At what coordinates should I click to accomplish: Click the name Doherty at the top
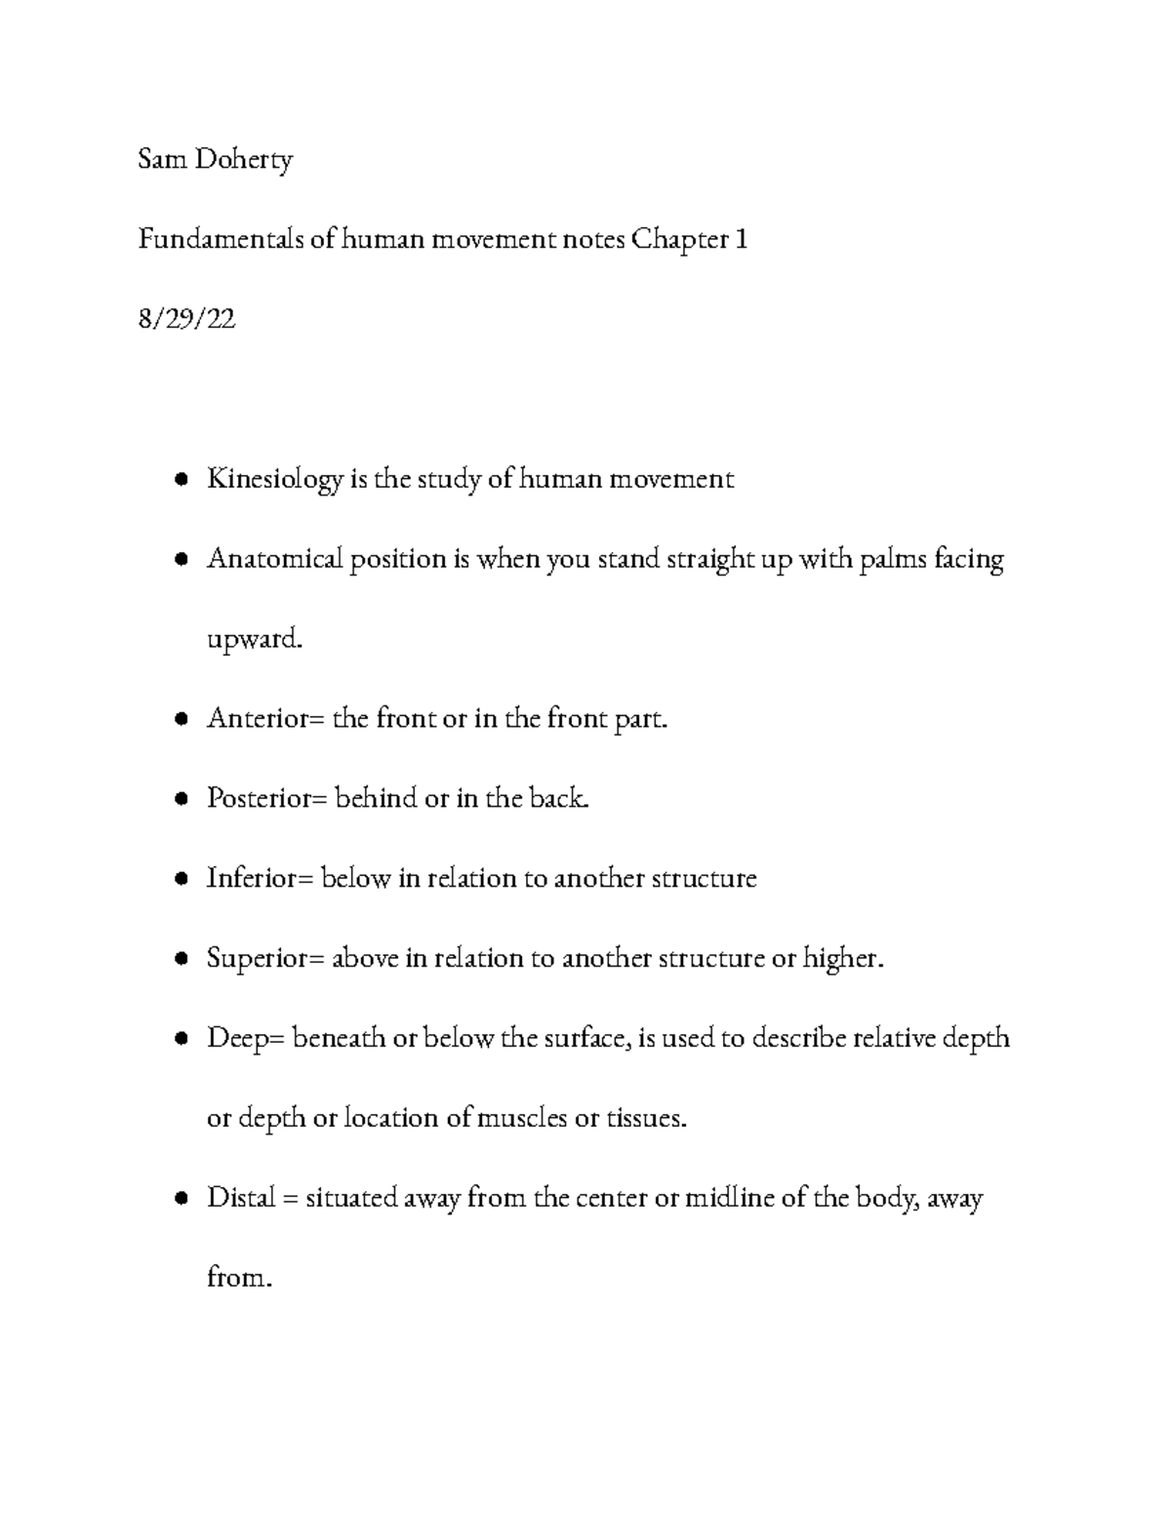(x=243, y=160)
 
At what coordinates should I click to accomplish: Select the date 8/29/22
(x=186, y=319)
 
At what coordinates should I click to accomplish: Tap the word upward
(x=249, y=641)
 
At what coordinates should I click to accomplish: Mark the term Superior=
(x=264, y=959)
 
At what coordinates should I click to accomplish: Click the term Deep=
(x=245, y=1039)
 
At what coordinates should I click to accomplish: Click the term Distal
(x=240, y=1198)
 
